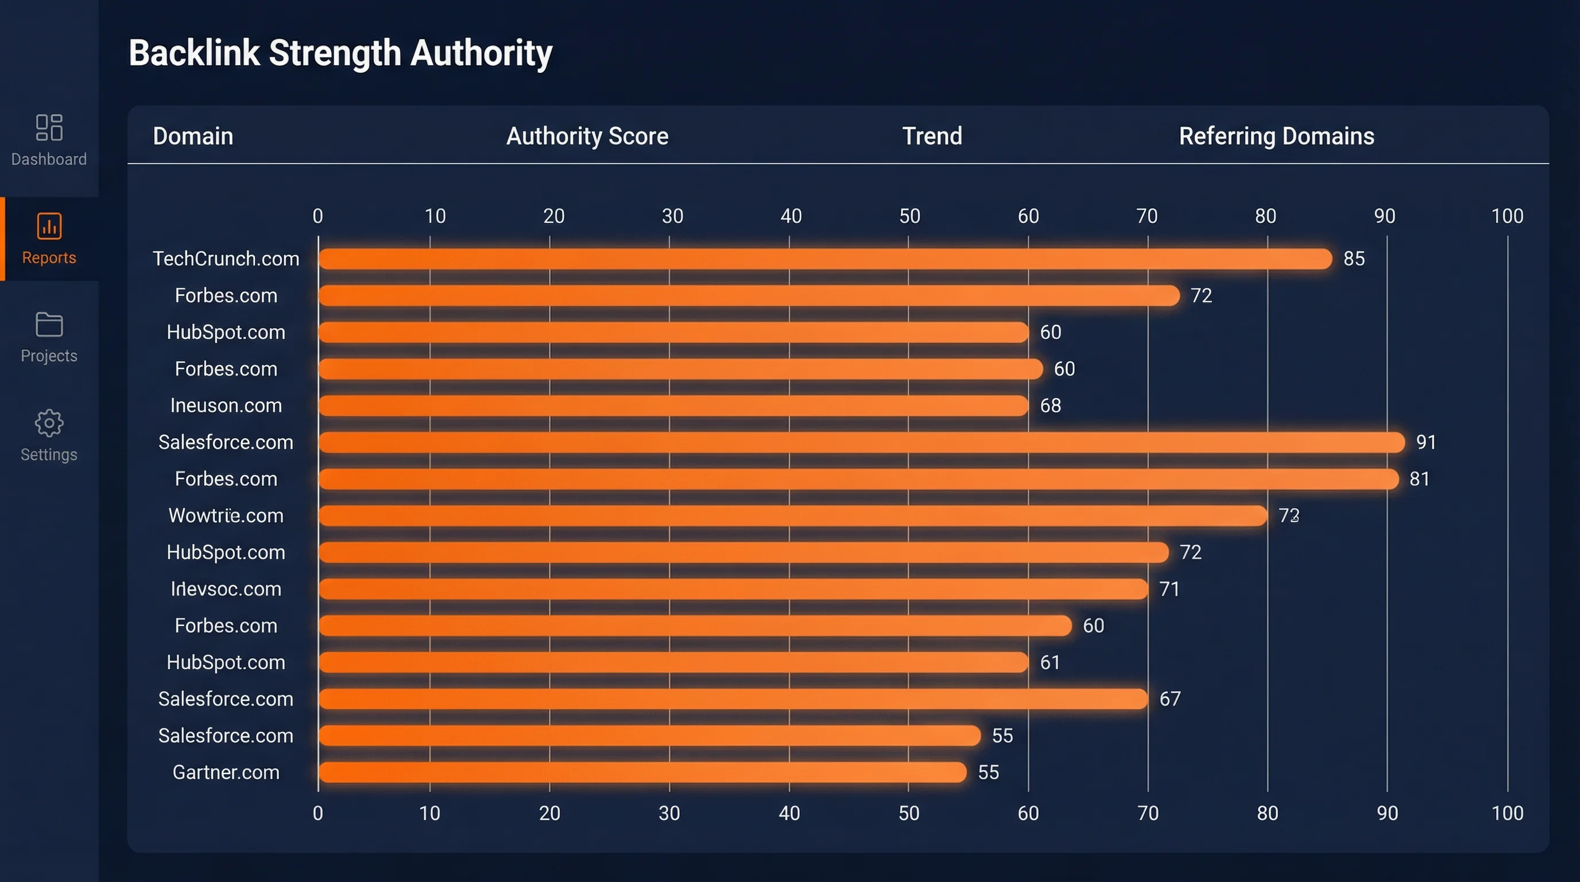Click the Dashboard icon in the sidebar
point(49,127)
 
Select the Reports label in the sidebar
point(49,258)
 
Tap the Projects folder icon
point(49,324)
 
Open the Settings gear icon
point(49,423)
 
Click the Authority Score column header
point(587,136)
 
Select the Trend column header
point(932,136)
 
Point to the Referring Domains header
point(1276,136)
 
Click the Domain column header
point(192,136)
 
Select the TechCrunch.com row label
point(226,259)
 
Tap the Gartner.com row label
point(226,772)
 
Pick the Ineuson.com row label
point(226,405)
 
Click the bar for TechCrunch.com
point(825,259)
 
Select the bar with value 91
point(861,442)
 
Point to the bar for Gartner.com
point(642,772)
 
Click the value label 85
point(1354,259)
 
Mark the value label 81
point(1419,479)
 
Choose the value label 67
point(1169,699)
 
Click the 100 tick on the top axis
point(1507,216)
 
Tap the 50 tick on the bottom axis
point(908,813)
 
